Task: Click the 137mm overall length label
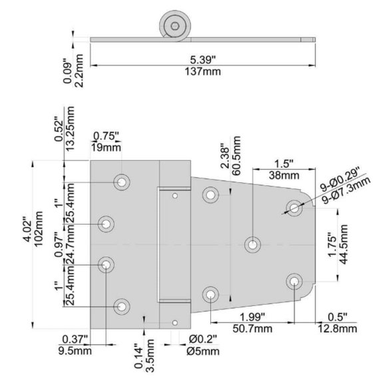[202, 72]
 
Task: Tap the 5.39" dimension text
[202, 60]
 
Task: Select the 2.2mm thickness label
[79, 71]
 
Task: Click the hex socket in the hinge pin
[175, 25]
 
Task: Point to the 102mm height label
[39, 228]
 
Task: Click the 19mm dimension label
[106, 148]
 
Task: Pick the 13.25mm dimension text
[70, 128]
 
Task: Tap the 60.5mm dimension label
[236, 156]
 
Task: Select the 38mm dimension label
[284, 175]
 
